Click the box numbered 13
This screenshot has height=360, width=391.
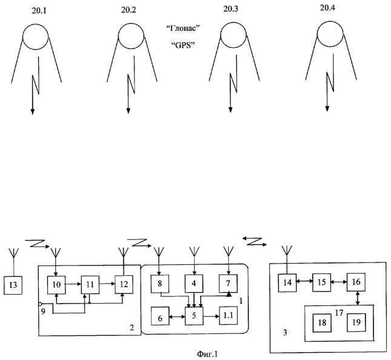[x=12, y=285]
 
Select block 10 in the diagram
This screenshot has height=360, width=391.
[x=56, y=283]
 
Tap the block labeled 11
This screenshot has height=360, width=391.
[x=89, y=283]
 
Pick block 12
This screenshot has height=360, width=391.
[x=122, y=283]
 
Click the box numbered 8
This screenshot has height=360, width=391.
[x=161, y=283]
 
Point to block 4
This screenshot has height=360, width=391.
[x=194, y=283]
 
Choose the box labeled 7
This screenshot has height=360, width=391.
[x=228, y=283]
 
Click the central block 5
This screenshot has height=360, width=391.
[x=194, y=315]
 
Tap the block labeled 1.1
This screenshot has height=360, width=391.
[x=229, y=315]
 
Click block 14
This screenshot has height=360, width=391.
[x=289, y=282]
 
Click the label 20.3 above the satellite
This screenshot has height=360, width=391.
[x=230, y=10]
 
